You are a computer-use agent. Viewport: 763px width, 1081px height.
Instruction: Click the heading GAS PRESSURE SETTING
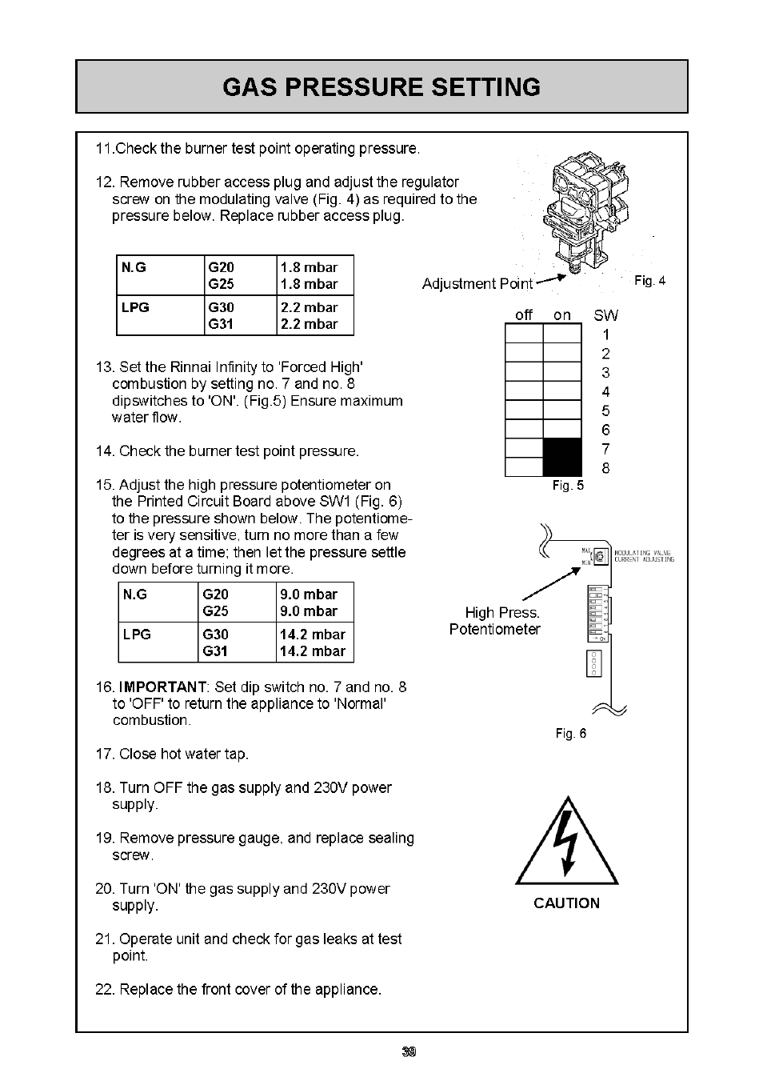point(381,86)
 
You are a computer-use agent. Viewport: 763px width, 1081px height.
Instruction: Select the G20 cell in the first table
point(221,267)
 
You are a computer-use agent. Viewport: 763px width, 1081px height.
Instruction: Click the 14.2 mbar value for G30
point(313,635)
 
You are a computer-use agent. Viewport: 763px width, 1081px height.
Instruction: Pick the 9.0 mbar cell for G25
point(309,611)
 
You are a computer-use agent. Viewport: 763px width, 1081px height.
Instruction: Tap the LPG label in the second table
point(137,635)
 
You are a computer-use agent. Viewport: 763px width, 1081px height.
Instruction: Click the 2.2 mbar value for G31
point(309,324)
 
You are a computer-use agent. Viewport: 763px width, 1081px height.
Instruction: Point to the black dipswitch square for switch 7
point(562,448)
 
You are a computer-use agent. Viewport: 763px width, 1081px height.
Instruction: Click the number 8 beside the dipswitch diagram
point(605,468)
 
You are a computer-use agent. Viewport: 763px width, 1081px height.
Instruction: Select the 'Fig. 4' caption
point(649,281)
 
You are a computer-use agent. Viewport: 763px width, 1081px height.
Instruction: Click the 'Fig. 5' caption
point(569,486)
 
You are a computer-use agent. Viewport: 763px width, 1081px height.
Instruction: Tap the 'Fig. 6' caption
point(571,734)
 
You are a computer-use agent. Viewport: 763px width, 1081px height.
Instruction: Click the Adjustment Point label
point(477,284)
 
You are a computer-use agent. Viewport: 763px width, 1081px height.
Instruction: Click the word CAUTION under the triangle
point(566,903)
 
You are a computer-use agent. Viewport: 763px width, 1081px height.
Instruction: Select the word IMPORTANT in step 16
point(163,687)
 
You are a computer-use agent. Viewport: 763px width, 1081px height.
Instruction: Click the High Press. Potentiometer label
point(496,621)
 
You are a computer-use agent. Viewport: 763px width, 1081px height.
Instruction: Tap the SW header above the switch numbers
point(605,315)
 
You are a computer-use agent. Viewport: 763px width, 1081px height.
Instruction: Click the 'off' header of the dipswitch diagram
point(524,315)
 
